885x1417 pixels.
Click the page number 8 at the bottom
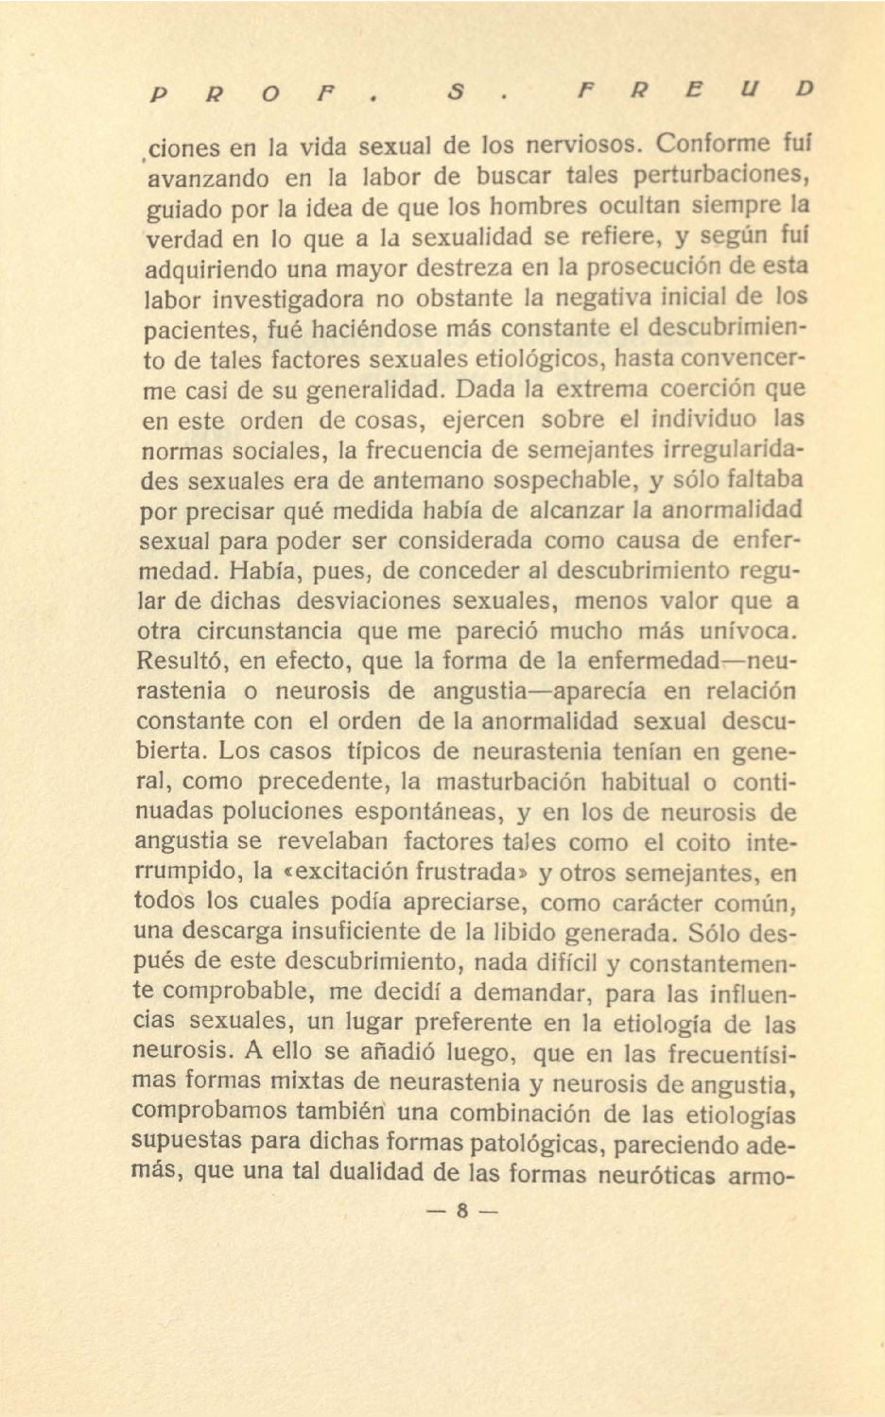(462, 1211)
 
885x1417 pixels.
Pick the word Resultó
(180, 661)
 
